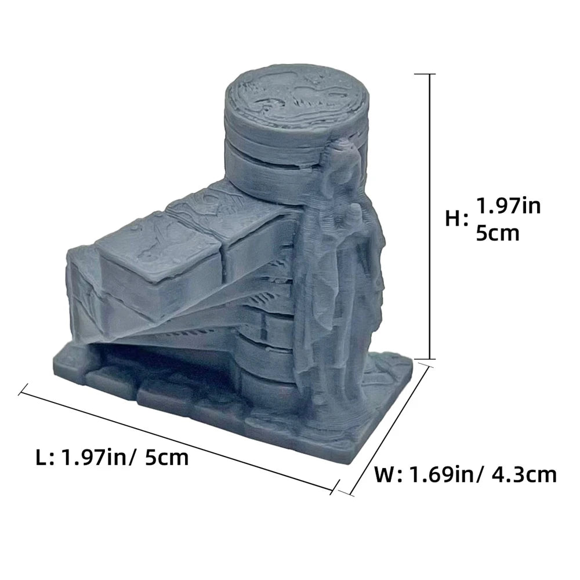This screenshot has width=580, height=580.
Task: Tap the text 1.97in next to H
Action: [x=508, y=206]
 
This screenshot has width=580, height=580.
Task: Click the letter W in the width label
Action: [x=386, y=475]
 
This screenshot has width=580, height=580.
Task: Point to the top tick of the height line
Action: [x=430, y=75]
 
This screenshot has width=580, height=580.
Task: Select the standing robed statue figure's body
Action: [x=342, y=278]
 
